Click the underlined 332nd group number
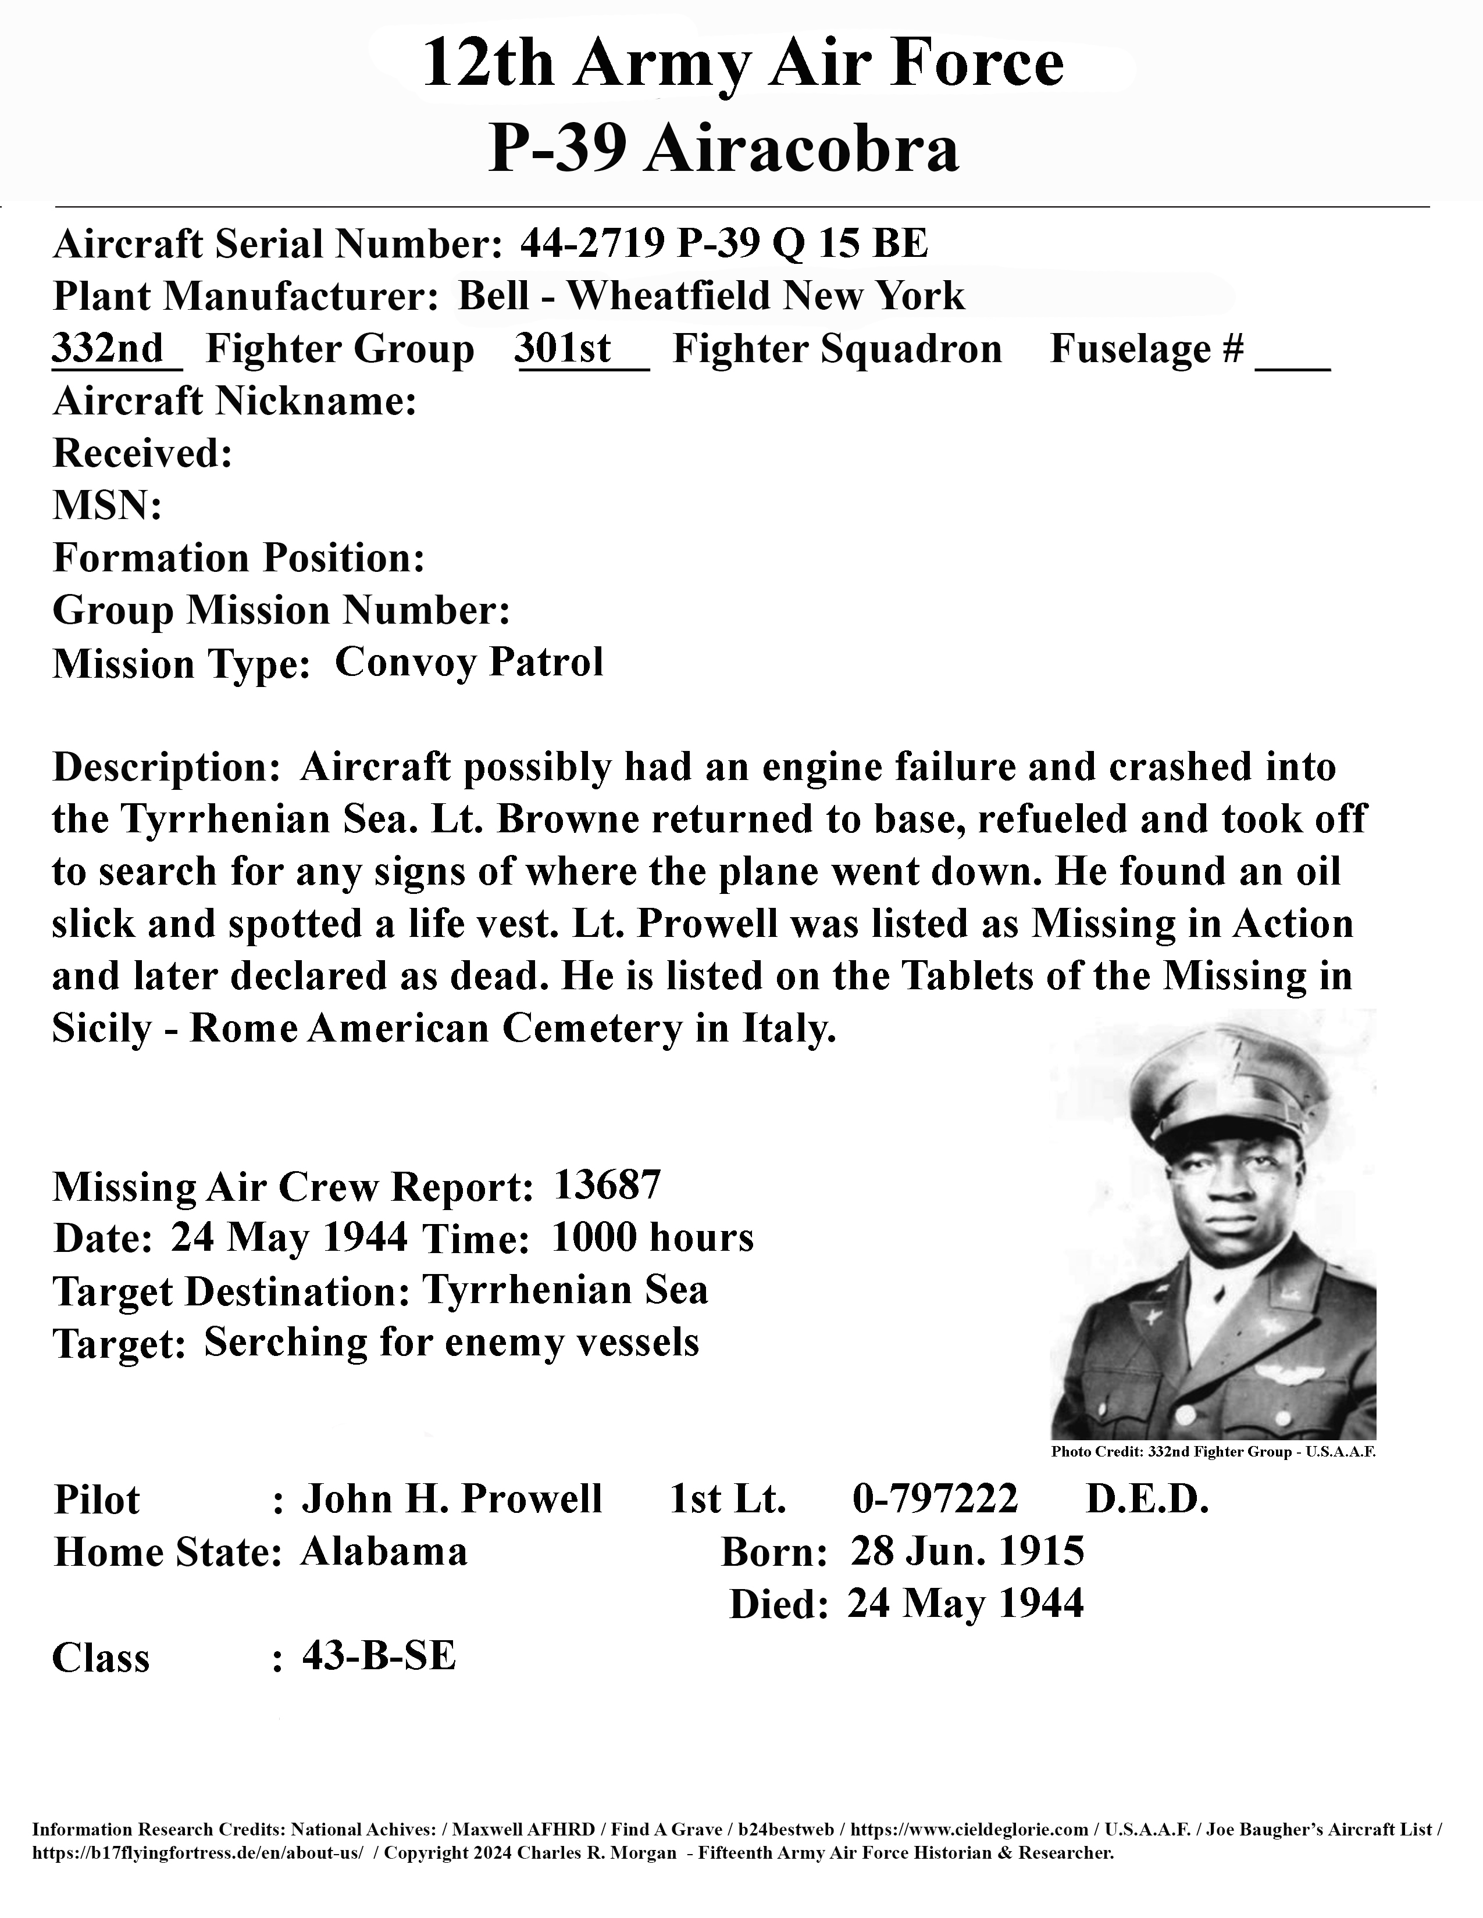pyautogui.click(x=108, y=349)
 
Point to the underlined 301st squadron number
pyautogui.click(x=563, y=349)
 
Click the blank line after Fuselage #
pyautogui.click(x=1292, y=360)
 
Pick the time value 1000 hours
pyautogui.click(x=653, y=1237)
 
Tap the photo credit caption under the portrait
pyautogui.click(x=1213, y=1452)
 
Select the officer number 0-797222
pyautogui.click(x=935, y=1498)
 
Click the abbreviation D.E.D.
pyautogui.click(x=1147, y=1498)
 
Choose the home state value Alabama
pyautogui.click(x=384, y=1551)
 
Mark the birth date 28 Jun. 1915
pyautogui.click(x=967, y=1551)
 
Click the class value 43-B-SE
pyautogui.click(x=379, y=1656)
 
